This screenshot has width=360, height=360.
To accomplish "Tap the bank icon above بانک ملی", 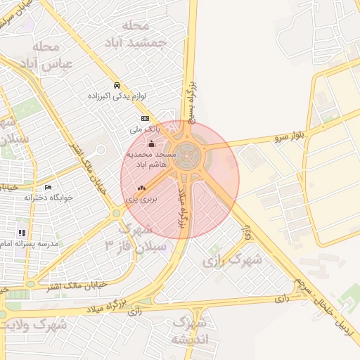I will [145, 118].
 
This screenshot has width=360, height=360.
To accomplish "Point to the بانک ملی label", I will [145, 130].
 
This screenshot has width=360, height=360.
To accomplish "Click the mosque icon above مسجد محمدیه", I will [152, 143].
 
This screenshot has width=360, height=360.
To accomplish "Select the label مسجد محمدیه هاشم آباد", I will [151, 157].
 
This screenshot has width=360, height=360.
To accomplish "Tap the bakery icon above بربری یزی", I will [141, 188].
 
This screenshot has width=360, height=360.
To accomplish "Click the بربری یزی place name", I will [141, 200].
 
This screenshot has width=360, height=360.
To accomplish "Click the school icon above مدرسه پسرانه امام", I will [22, 232].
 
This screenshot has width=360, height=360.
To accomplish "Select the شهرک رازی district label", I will [233, 260].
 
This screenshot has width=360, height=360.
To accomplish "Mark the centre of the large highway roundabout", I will [186, 152].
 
